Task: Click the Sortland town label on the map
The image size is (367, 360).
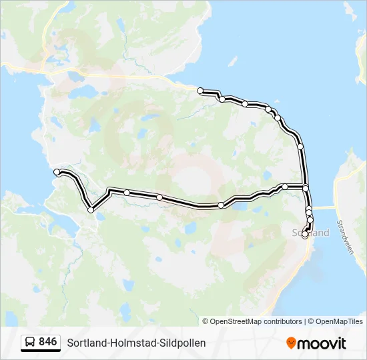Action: tap(312, 233)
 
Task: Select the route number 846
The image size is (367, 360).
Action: tap(47, 342)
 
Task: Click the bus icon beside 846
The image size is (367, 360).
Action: tap(30, 343)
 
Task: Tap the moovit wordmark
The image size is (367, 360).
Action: tap(322, 343)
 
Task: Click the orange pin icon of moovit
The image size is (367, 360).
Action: tap(291, 343)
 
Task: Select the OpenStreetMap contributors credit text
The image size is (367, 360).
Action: tap(252, 321)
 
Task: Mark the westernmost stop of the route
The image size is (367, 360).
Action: tap(57, 173)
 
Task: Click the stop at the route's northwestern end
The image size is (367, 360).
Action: tap(200, 90)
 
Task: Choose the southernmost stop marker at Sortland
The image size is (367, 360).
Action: tap(305, 234)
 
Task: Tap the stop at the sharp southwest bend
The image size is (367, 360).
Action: tap(91, 210)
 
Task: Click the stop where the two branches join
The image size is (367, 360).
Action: tap(306, 188)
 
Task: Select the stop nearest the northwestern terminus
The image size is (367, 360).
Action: tap(222, 99)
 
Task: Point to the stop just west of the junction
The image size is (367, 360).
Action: tap(285, 187)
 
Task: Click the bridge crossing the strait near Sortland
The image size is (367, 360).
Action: tap(323, 207)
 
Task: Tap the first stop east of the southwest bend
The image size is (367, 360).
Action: tap(127, 193)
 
